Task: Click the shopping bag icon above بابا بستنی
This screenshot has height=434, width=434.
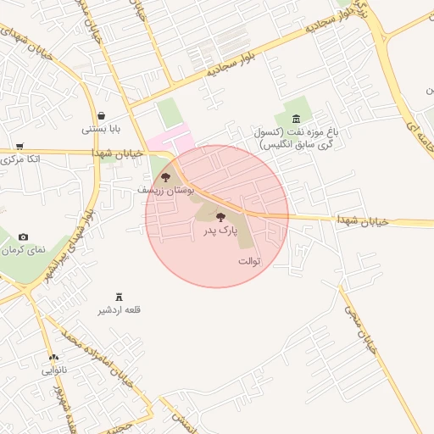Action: [102, 116]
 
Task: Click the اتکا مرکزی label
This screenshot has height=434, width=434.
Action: [19, 159]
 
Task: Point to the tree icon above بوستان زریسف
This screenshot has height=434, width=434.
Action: [165, 178]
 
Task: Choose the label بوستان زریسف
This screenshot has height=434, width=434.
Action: [165, 191]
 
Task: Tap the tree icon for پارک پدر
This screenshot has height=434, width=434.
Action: [221, 217]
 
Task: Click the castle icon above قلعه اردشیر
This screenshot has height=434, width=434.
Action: [120, 296]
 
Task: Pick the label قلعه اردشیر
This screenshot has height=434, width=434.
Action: [120, 309]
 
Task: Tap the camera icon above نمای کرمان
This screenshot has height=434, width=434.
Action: [23, 236]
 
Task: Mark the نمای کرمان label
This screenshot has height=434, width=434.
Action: [22, 250]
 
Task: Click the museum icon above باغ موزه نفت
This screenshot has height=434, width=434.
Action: [295, 120]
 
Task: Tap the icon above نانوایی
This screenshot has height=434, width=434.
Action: [54, 358]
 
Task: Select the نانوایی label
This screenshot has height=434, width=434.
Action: [54, 370]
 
